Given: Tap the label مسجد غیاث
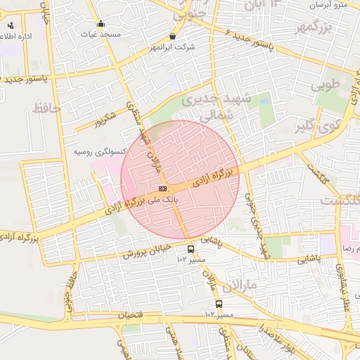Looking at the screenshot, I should [x=100, y=34].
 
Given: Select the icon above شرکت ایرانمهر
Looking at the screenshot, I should [x=173, y=37].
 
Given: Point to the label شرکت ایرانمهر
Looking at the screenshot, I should [x=173, y=47].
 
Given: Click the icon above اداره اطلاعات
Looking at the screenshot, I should [x=10, y=25].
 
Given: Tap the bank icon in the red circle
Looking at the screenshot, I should [x=162, y=188].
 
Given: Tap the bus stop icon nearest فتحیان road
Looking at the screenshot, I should [x=219, y=304].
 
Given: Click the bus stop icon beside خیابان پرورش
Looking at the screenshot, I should [x=191, y=249].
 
